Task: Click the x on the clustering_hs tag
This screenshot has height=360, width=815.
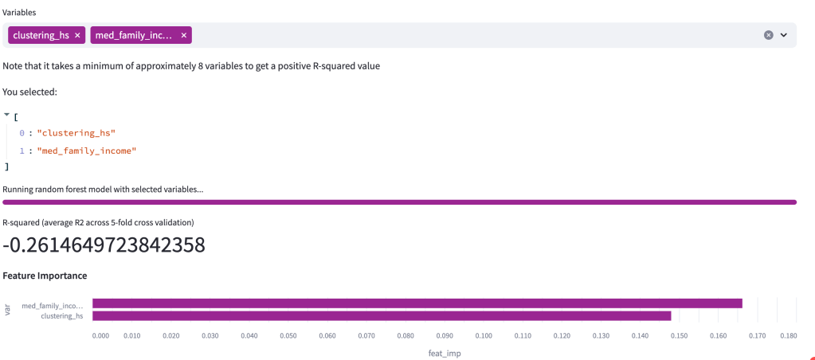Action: (77, 35)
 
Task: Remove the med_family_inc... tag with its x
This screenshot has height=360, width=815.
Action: (184, 35)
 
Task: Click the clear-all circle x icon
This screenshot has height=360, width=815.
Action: (768, 35)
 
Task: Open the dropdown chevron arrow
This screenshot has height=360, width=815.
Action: (784, 35)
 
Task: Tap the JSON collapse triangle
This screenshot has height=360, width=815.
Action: (6, 115)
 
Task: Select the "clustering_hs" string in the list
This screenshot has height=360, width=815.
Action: (81, 132)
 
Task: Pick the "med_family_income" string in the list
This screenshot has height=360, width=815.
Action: (87, 150)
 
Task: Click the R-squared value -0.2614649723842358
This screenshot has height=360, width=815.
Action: (104, 245)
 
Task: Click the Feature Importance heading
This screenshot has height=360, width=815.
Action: (45, 276)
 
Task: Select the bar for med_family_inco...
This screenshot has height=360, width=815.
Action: (417, 303)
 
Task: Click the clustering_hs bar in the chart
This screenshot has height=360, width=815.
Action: (382, 316)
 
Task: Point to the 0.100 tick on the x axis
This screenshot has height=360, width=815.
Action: (484, 336)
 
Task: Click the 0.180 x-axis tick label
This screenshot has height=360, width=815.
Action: (788, 336)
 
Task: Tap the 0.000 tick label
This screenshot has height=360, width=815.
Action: (100, 336)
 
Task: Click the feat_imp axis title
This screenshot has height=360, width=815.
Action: (445, 352)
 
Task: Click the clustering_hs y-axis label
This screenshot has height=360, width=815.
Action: (62, 316)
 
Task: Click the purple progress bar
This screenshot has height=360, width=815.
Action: (399, 202)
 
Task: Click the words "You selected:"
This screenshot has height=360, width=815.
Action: (29, 92)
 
